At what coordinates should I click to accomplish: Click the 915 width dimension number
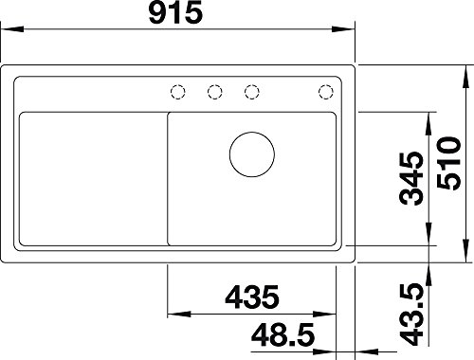click(175, 12)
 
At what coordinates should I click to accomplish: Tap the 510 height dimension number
click(448, 163)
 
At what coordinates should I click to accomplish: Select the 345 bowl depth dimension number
click(410, 178)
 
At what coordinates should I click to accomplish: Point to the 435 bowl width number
click(252, 297)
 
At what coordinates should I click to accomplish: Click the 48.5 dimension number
click(283, 334)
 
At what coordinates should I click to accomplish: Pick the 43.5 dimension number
click(410, 315)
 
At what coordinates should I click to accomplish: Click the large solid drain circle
click(252, 154)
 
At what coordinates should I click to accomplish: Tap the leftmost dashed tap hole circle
click(177, 92)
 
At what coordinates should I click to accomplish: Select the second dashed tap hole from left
click(215, 92)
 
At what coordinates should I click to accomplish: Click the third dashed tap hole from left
click(252, 92)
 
